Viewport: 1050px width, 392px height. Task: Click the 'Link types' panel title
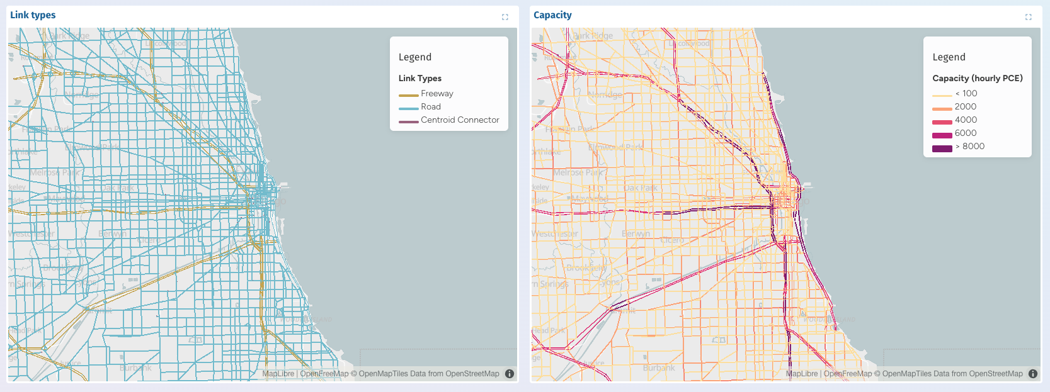tap(33, 15)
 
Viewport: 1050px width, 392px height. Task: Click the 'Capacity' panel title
tap(552, 15)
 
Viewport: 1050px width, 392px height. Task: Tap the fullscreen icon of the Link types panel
tap(505, 17)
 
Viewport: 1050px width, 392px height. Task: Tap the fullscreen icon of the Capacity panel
tap(1028, 17)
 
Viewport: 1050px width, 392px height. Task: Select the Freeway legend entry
tap(437, 94)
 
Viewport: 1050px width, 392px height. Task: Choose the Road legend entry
tap(430, 107)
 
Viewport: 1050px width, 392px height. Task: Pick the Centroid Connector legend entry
tap(459, 120)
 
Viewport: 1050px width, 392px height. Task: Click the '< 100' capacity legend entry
tap(966, 94)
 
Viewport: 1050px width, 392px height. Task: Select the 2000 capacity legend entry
tap(965, 107)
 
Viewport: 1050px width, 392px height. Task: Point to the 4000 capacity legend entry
tap(965, 120)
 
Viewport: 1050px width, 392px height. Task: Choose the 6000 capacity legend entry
tap(965, 133)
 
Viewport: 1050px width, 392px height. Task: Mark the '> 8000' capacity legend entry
tap(969, 147)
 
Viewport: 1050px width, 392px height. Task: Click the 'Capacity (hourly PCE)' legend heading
tap(977, 79)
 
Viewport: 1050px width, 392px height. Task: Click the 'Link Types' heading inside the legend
tap(419, 79)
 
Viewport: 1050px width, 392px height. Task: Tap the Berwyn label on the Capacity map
tap(636, 233)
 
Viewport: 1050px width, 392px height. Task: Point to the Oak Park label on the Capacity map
tap(640, 188)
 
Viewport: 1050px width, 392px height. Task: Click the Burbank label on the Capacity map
tap(659, 367)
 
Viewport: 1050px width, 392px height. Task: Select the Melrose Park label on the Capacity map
tap(578, 172)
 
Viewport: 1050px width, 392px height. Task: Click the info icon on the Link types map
tap(510, 374)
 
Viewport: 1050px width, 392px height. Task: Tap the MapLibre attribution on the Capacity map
tap(802, 374)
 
